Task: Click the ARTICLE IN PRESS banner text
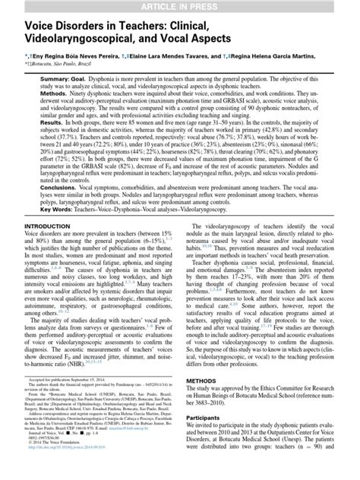coord(180,7)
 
